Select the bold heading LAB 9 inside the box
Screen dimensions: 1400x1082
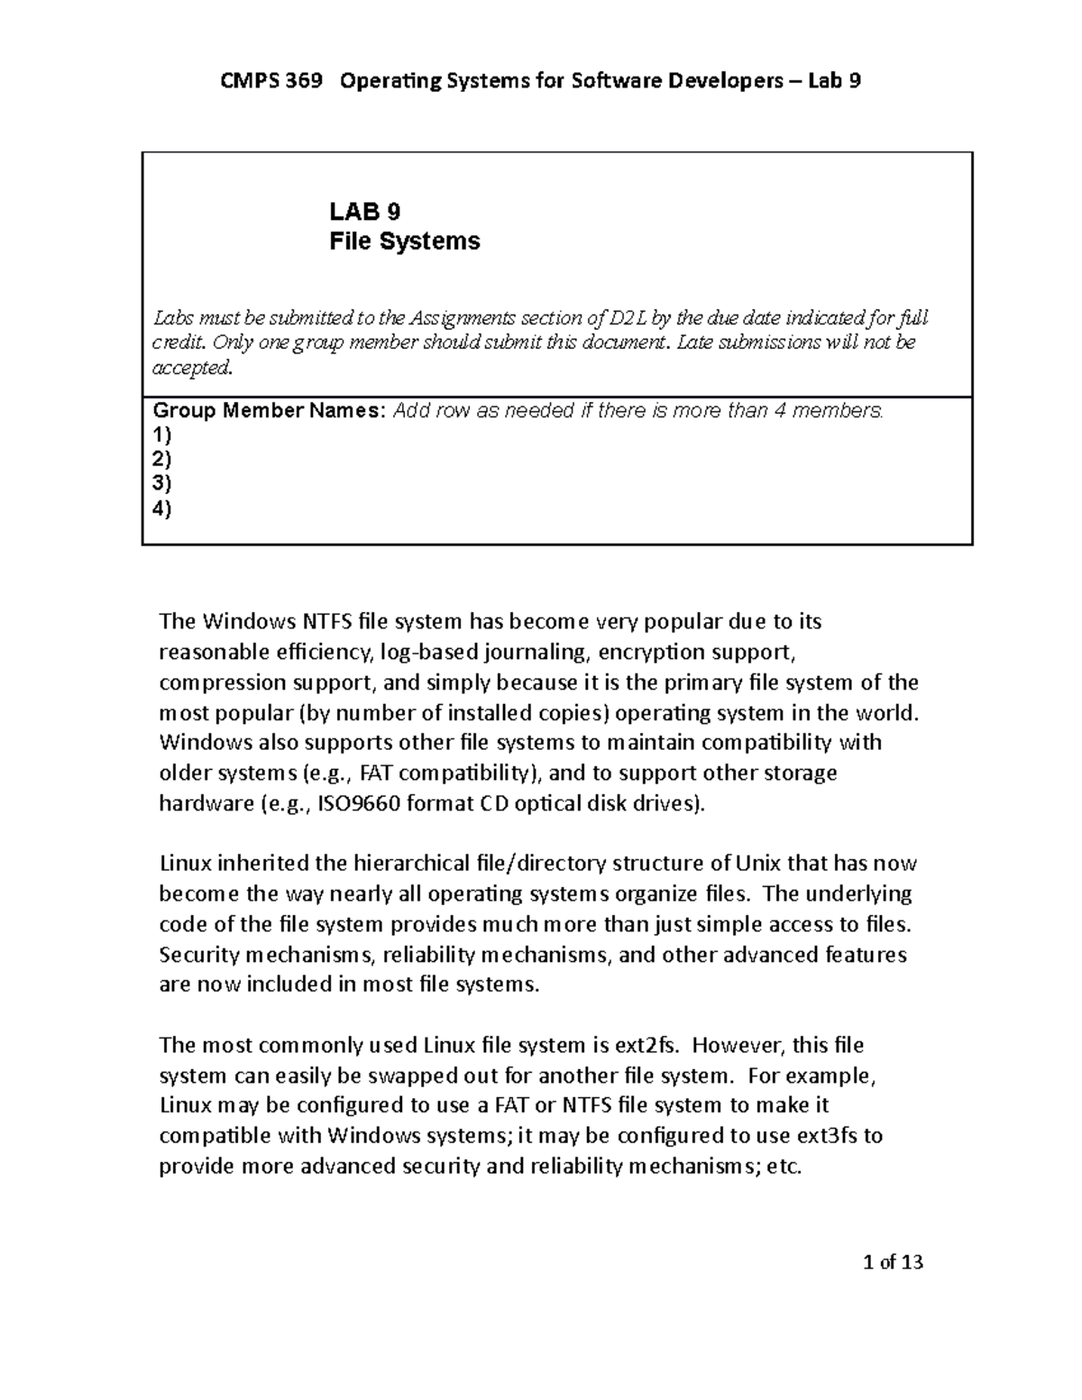364,212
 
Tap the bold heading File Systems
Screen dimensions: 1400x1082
404,242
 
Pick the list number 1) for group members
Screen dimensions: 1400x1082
162,435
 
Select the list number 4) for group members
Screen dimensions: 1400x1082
162,508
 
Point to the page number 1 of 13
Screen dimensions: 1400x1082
893,1262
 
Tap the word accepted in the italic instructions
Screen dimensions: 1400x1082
192,367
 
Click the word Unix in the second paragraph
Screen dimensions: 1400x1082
758,864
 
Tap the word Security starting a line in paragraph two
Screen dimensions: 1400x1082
194,955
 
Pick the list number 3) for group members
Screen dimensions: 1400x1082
162,484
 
